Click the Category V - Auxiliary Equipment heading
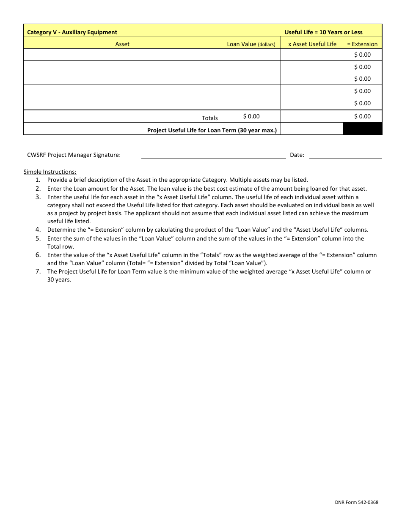pyautogui.click(x=72, y=32)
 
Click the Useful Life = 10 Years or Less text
pyautogui.click(x=323, y=32)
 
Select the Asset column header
pyautogui.click(x=122, y=44)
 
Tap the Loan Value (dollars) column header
pyautogui.click(x=251, y=44)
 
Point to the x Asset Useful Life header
pyautogui.click(x=312, y=44)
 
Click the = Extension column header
pyautogui.click(x=362, y=44)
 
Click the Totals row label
pyautogui.click(x=209, y=118)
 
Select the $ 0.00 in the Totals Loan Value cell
pyautogui.click(x=251, y=116)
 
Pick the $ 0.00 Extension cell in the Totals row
pyautogui.click(x=362, y=116)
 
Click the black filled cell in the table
pyautogui.click(x=362, y=129)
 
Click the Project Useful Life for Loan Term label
pyautogui.click(x=212, y=130)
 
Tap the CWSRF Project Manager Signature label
pyautogui.click(x=74, y=155)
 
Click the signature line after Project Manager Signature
pyautogui.click(x=213, y=156)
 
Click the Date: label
pyautogui.click(x=297, y=155)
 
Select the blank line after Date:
pyautogui.click(x=345, y=156)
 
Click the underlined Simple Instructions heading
pyautogui.click(x=50, y=172)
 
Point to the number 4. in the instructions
pyautogui.click(x=38, y=230)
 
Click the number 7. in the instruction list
pyautogui.click(x=38, y=271)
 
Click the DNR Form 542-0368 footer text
pyautogui.click(x=356, y=502)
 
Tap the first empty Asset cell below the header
pyautogui.click(x=122, y=55)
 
